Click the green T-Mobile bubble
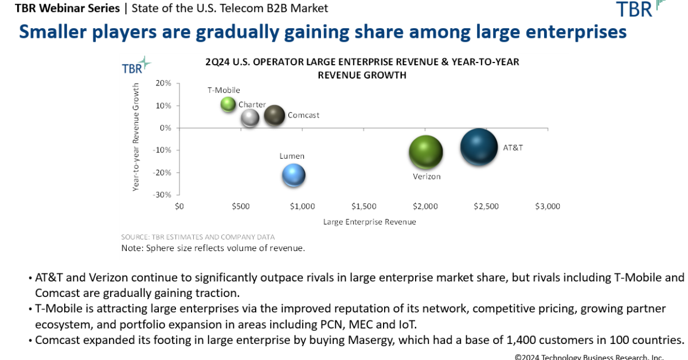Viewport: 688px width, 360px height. click(x=228, y=104)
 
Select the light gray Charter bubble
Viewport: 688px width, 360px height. click(x=250, y=117)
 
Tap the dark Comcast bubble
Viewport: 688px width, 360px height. click(x=275, y=115)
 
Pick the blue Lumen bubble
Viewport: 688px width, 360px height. click(x=294, y=175)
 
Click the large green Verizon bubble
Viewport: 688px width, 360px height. click(x=425, y=152)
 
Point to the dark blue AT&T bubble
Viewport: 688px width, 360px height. click(x=479, y=147)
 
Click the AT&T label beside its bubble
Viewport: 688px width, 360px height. click(x=513, y=147)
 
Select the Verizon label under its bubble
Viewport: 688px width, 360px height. click(x=427, y=177)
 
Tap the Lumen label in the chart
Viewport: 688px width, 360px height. click(x=292, y=156)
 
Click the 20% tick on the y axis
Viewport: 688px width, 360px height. click(x=163, y=83)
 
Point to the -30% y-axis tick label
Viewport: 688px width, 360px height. click(x=162, y=195)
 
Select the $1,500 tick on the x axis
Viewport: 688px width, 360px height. click(x=363, y=206)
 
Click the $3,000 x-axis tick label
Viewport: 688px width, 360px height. click(x=547, y=206)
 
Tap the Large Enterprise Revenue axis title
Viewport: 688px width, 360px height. click(x=369, y=221)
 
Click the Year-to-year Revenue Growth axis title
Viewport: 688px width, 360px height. click(x=136, y=136)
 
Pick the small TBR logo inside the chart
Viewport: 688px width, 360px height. click(x=135, y=66)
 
